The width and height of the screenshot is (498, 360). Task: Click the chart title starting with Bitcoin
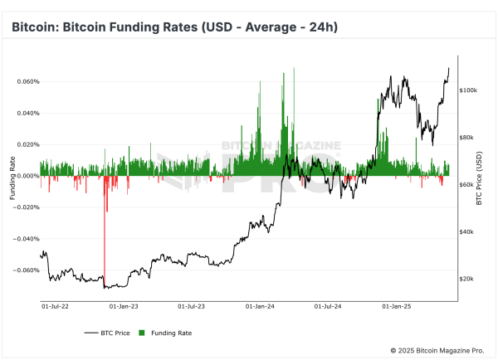(173, 27)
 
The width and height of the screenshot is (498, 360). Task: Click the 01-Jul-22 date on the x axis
(56, 305)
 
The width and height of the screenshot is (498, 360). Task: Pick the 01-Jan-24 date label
(260, 305)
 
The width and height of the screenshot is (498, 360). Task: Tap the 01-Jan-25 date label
(396, 305)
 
